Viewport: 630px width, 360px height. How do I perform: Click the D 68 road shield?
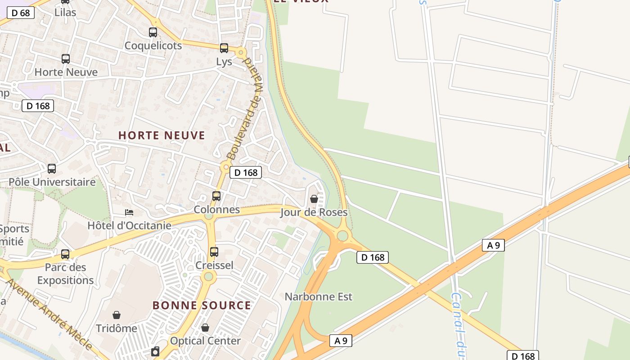(x=21, y=13)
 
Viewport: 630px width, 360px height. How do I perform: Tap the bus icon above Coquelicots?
(x=153, y=32)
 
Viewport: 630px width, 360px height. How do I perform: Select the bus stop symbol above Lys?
(x=224, y=48)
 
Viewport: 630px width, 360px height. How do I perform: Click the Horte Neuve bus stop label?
(x=66, y=72)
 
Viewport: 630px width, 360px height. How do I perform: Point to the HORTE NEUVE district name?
(x=162, y=135)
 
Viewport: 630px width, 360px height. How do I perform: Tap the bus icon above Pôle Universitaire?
(x=52, y=169)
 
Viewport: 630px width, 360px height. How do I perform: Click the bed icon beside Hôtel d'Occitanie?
(x=129, y=212)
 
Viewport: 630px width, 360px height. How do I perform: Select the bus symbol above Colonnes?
(x=216, y=196)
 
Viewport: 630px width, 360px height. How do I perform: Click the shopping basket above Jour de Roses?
(x=314, y=199)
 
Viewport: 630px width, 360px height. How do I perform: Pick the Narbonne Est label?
(x=319, y=297)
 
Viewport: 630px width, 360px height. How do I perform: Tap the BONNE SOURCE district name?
(x=202, y=306)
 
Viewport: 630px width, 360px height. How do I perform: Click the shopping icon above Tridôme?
(x=117, y=315)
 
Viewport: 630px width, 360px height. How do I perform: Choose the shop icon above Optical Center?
(x=205, y=328)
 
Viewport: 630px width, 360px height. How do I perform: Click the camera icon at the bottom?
(x=155, y=351)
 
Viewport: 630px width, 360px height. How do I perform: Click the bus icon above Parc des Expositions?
(x=65, y=254)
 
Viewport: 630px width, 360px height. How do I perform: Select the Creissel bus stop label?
(x=214, y=265)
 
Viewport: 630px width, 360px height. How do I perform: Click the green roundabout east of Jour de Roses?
(x=342, y=235)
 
